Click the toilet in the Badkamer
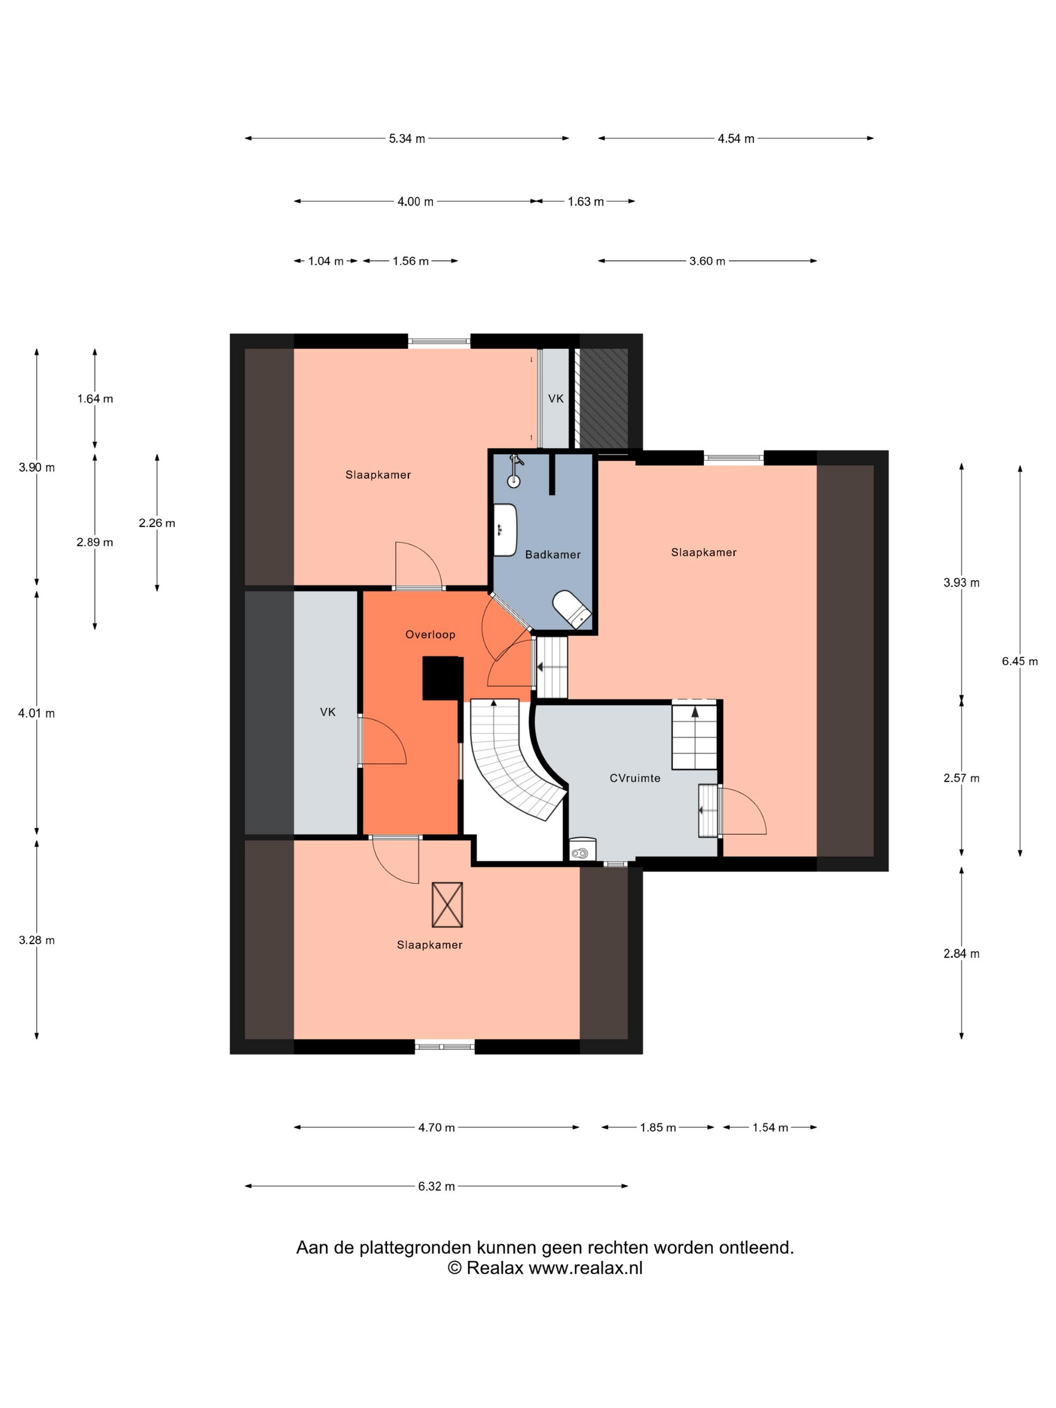(572, 609)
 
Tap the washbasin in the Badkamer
(505, 530)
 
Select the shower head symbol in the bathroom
(514, 471)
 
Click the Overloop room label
(430, 635)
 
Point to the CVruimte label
(635, 778)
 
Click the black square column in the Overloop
(443, 678)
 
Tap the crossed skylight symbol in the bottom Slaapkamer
(447, 905)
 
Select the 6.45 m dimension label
(1019, 661)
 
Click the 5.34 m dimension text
(407, 139)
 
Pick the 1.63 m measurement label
(586, 202)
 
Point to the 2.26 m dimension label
(156, 523)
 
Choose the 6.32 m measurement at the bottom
(436, 1186)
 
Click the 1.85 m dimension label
(658, 1127)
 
